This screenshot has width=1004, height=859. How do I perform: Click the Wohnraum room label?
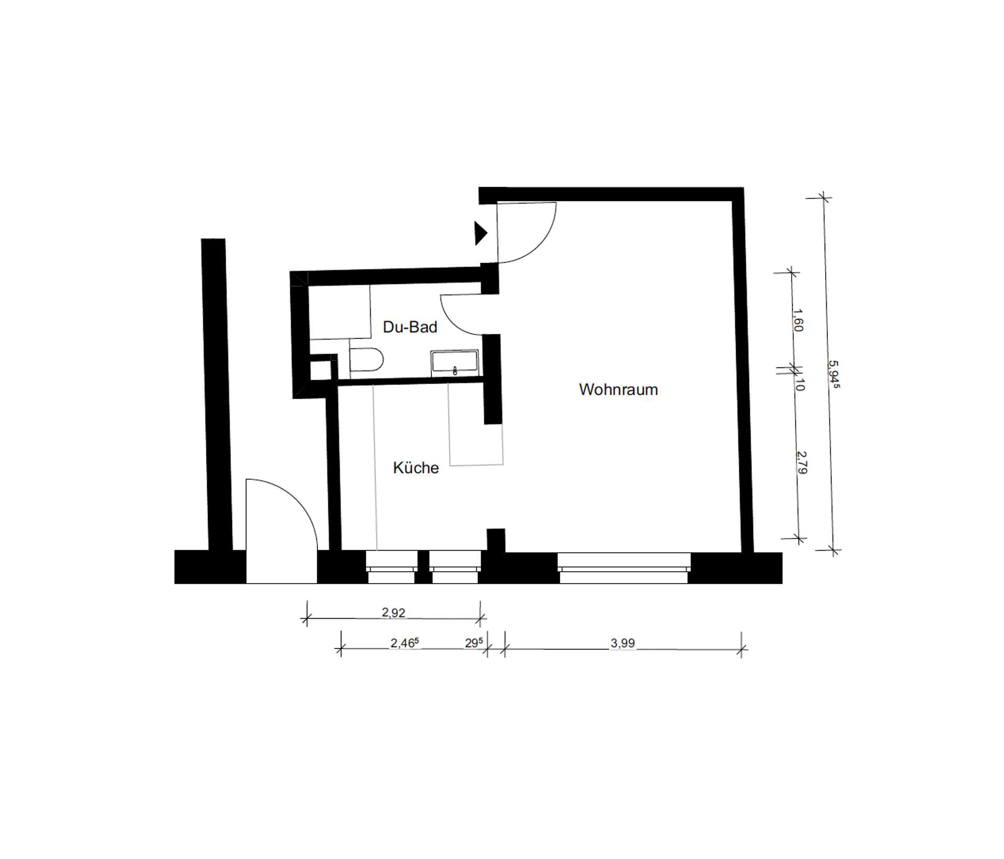[x=618, y=390]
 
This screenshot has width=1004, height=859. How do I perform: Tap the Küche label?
[x=416, y=468]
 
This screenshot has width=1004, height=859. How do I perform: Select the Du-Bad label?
[x=410, y=327]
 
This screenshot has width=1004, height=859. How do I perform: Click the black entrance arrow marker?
[x=481, y=233]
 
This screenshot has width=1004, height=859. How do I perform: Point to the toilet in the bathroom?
[x=366, y=359]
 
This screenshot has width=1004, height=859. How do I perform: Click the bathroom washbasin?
[x=454, y=362]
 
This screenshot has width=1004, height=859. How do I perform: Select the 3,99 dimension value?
[x=623, y=643]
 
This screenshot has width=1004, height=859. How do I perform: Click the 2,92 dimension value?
[x=393, y=612]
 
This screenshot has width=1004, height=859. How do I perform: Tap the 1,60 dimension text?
[x=797, y=320]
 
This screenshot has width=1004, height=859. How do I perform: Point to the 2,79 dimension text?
[x=802, y=462]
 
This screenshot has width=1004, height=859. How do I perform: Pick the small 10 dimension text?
[x=799, y=385]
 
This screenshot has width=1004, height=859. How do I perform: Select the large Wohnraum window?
[x=624, y=567]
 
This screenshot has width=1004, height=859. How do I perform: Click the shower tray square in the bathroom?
[x=339, y=311]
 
